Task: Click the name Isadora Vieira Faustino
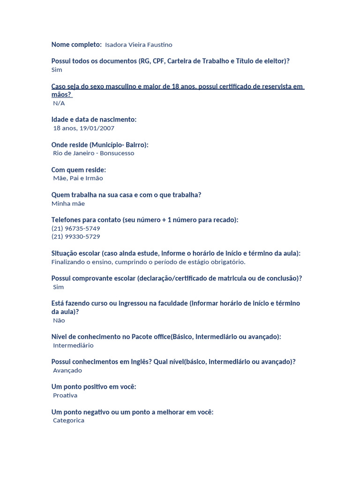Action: click(139, 45)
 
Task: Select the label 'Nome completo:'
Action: click(76, 45)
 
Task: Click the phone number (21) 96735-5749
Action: click(75, 228)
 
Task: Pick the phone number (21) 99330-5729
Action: click(75, 237)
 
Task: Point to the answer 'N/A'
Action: click(59, 103)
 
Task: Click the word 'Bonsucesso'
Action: click(117, 153)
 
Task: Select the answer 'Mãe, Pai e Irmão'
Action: click(78, 178)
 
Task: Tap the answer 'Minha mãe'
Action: click(68, 203)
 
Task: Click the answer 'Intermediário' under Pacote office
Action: click(73, 345)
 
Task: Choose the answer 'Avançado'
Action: click(67, 370)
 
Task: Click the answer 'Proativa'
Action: click(65, 396)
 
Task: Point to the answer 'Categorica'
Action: click(68, 420)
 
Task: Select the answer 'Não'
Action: click(59, 321)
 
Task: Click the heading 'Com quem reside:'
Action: click(79, 170)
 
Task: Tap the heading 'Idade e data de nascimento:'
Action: click(94, 120)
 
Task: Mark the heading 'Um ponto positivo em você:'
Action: click(94, 387)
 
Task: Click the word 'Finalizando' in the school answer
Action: click(68, 262)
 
